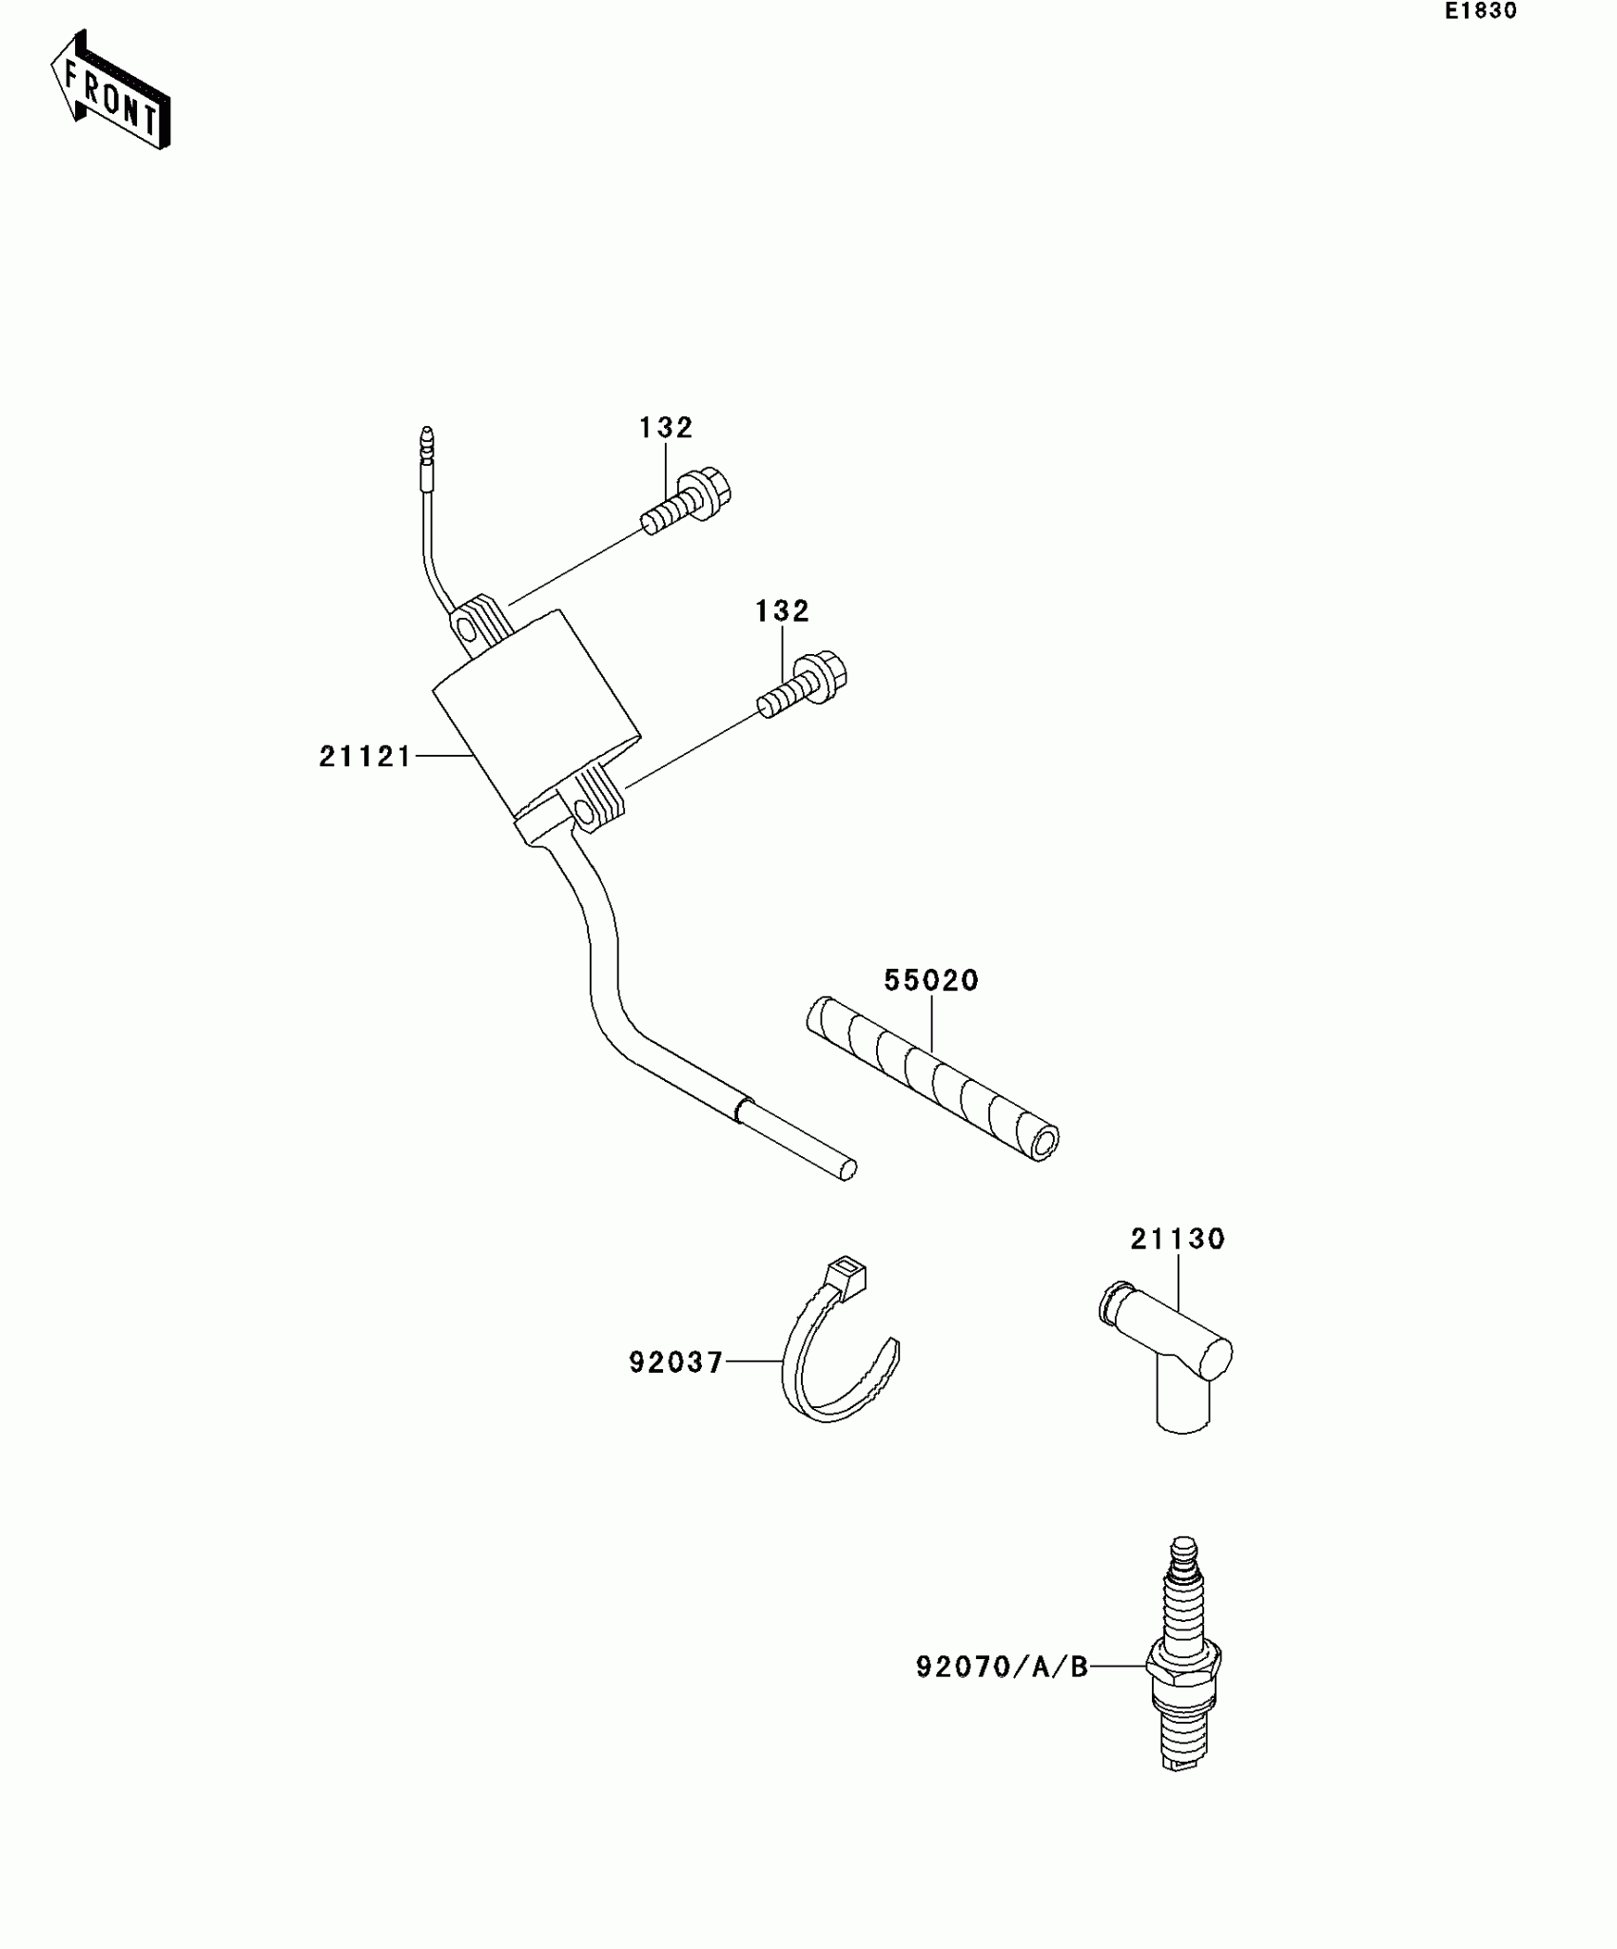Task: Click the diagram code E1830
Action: pyautogui.click(x=1480, y=12)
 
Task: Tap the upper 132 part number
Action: pyautogui.click(x=665, y=429)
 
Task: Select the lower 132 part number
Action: pyautogui.click(x=782, y=611)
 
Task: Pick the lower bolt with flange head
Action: pyautogui.click(x=804, y=685)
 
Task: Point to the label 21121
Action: pyautogui.click(x=364, y=757)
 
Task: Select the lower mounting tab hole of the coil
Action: pyautogui.click(x=584, y=810)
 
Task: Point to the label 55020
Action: pyautogui.click(x=931, y=981)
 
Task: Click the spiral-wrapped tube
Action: pyautogui.click(x=932, y=1079)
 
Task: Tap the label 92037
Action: pyautogui.click(x=675, y=1363)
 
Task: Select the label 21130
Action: pyautogui.click(x=1178, y=1240)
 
